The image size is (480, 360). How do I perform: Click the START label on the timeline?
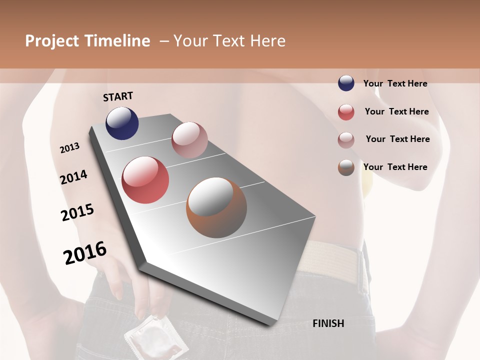[118, 96]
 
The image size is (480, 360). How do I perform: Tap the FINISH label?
[328, 323]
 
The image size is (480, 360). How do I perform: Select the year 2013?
[70, 148]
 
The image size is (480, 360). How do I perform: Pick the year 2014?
[73, 177]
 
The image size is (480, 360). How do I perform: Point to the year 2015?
[77, 212]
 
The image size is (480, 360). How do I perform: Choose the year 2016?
[85, 252]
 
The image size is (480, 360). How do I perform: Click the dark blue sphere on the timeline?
[122, 123]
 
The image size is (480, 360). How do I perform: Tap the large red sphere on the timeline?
[145, 180]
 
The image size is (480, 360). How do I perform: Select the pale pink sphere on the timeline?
[189, 140]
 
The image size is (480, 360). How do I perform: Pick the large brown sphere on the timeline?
[216, 207]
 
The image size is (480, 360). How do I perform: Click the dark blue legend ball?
[346, 83]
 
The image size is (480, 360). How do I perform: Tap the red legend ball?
[346, 112]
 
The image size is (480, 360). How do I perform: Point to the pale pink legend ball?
[346, 140]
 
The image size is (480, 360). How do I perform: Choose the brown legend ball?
[346, 167]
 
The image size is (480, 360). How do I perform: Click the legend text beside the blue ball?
[395, 83]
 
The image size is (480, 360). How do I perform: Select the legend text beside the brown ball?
[395, 167]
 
